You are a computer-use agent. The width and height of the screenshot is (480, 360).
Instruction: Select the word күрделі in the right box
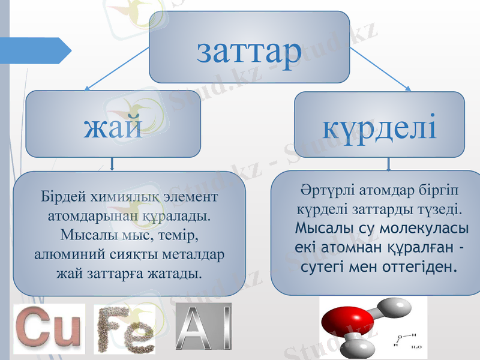click(x=379, y=127)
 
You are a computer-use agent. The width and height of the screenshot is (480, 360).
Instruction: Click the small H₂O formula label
click(x=416, y=347)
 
